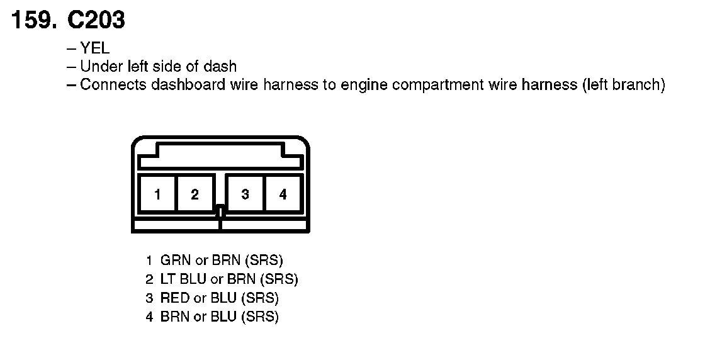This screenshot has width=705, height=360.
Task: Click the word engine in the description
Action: click(361, 84)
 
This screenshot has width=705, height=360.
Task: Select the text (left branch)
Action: click(623, 84)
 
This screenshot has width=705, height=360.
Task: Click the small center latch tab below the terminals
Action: click(220, 211)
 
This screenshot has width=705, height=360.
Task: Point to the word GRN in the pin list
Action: click(173, 259)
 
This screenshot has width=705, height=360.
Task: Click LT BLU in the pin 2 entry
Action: click(184, 279)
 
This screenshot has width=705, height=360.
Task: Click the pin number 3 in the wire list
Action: click(149, 298)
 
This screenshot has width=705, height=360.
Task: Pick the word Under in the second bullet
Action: click(99, 66)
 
